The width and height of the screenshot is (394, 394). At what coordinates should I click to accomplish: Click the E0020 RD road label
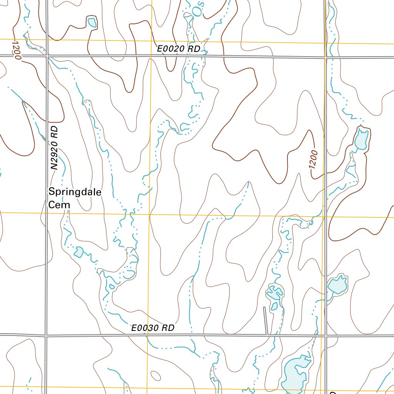pos(179,49)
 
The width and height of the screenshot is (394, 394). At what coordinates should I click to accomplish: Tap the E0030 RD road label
pos(153,328)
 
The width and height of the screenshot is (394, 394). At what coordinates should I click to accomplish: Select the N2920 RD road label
pos(54,148)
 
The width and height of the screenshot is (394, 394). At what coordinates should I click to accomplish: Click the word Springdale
pos(75,192)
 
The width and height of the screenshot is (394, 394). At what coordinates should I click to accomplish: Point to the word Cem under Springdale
pos(59,205)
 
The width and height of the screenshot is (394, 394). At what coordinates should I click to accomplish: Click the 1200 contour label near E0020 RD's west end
pos(17,49)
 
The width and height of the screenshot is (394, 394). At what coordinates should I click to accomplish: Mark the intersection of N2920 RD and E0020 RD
pos(47,56)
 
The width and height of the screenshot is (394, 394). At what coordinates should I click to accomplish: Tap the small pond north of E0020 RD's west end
pos(92,22)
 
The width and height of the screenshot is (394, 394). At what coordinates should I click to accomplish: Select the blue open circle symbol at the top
pos(197,12)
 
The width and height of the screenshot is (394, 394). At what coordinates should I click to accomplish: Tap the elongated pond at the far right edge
pos(362,139)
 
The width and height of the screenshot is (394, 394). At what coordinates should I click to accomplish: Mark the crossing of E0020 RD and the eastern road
pos(326,57)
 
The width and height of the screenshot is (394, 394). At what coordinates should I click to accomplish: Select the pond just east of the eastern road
pos(338,285)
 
